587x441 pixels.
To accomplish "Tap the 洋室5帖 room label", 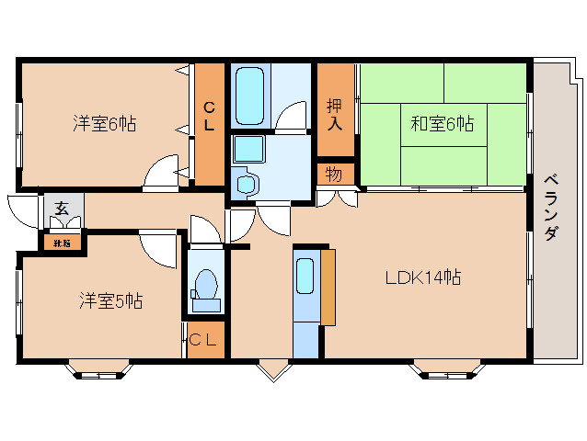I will pos(109,300).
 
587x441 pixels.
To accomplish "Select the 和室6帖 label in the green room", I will pos(442,122).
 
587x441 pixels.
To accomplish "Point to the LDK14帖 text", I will pos(422,277).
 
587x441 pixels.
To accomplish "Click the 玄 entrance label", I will pos(61,209).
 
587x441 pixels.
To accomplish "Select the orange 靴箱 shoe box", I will pos(61,243).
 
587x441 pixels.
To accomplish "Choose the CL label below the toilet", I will pos(205,340).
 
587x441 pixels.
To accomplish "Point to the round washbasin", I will pos(246,185).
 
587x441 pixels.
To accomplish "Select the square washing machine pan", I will pos(247,149).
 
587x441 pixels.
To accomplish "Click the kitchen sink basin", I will pos(305,276).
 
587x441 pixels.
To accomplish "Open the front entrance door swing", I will pos(20,209).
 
